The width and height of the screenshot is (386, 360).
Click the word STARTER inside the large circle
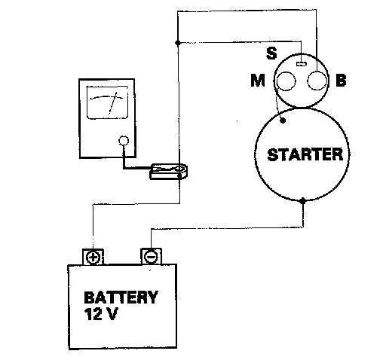point(305,154)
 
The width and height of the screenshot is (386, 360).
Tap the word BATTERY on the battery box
point(121,297)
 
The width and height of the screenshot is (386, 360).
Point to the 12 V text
point(101,314)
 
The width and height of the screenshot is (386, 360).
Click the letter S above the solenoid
point(271,53)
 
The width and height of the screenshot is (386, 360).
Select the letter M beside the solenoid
point(258,81)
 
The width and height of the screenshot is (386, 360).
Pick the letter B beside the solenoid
point(341,81)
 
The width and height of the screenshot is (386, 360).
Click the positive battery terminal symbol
point(93,258)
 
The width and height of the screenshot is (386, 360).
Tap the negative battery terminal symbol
point(151,257)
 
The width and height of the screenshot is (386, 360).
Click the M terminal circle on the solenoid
point(286,81)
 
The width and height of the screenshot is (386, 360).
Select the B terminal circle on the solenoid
point(317,81)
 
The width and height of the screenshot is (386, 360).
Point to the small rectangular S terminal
point(302,64)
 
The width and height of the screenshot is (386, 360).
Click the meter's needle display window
point(107,102)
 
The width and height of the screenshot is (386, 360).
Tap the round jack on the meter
point(124,141)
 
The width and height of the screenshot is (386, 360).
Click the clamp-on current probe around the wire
point(169,171)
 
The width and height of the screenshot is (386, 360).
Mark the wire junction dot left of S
point(178,43)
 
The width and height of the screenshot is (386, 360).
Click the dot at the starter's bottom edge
point(303,201)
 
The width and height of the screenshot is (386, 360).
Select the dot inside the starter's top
point(283,121)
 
